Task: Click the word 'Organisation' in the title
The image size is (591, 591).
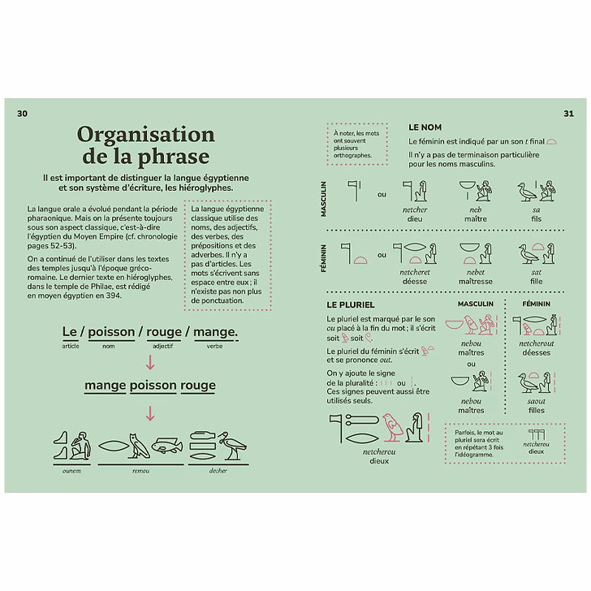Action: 145,134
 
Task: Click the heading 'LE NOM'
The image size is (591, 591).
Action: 425,127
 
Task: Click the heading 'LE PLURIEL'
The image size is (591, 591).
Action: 350,304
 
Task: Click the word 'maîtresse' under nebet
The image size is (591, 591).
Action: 476,282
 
